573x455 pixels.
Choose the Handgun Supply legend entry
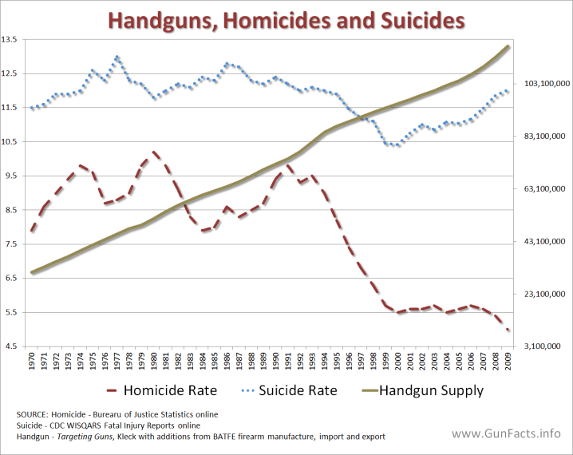point(431,390)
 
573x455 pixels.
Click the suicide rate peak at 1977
point(117,57)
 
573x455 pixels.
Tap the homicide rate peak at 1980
point(154,151)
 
